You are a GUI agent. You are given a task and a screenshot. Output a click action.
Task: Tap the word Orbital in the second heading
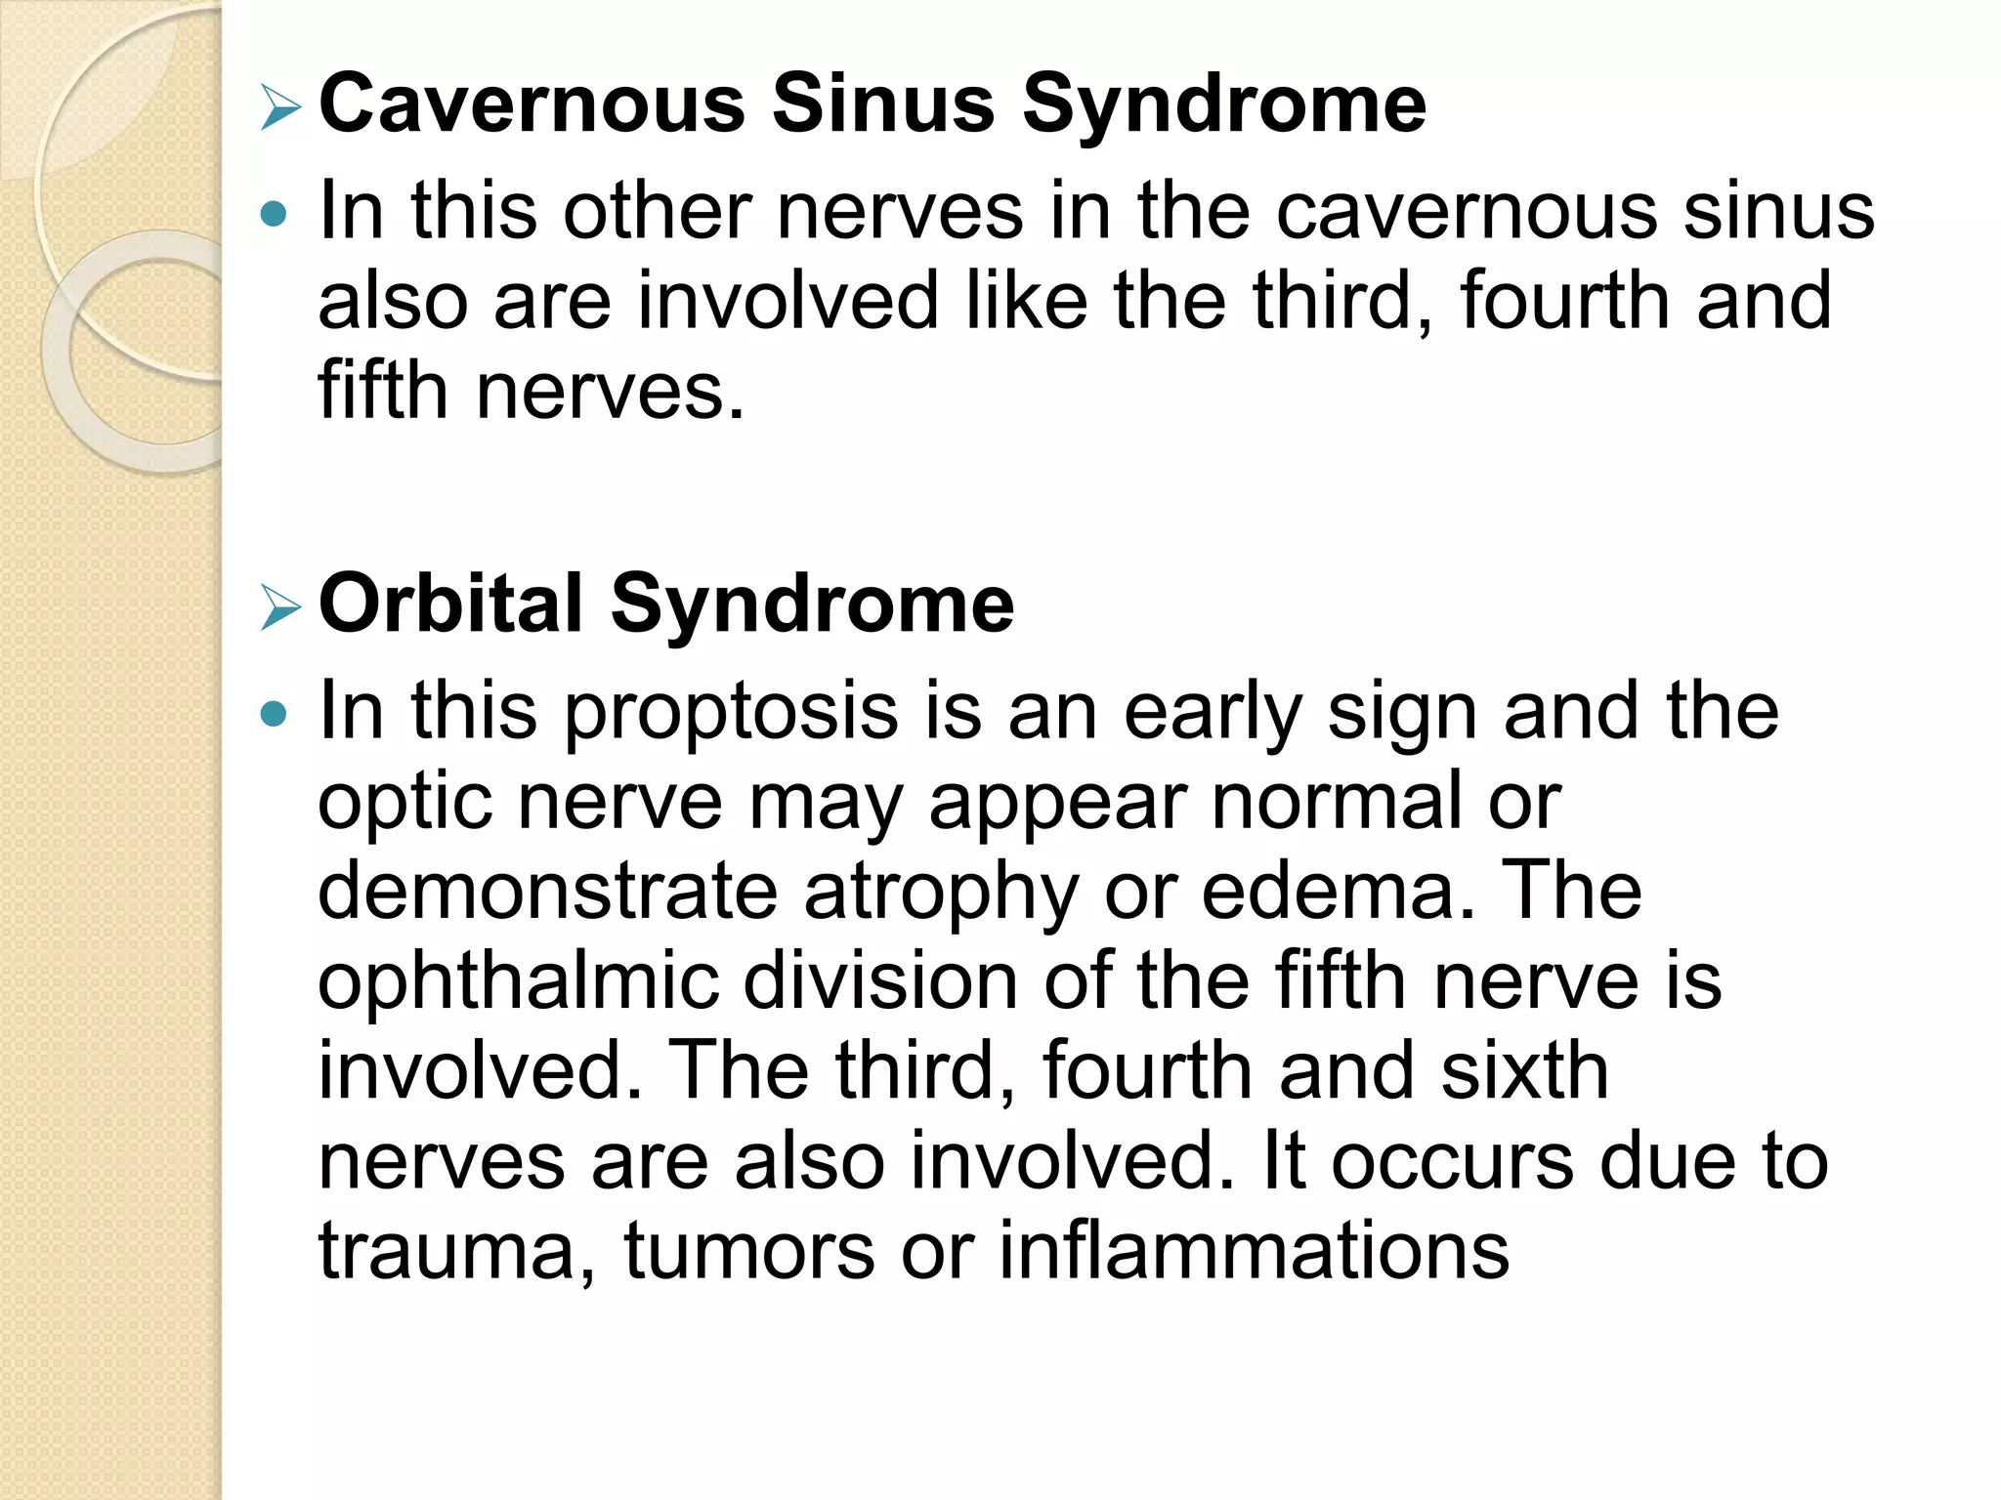point(451,604)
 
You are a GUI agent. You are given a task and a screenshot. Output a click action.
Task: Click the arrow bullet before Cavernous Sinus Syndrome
point(280,106)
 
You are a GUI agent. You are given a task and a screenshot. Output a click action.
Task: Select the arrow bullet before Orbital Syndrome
point(280,606)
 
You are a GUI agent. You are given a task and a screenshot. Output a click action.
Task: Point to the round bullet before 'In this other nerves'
point(275,214)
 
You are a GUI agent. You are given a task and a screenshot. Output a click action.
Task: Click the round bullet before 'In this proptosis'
point(275,714)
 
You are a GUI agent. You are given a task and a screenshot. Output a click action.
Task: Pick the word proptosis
point(731,713)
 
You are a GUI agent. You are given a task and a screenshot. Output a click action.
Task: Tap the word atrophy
point(941,893)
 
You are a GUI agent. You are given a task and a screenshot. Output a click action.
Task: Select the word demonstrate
point(548,891)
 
